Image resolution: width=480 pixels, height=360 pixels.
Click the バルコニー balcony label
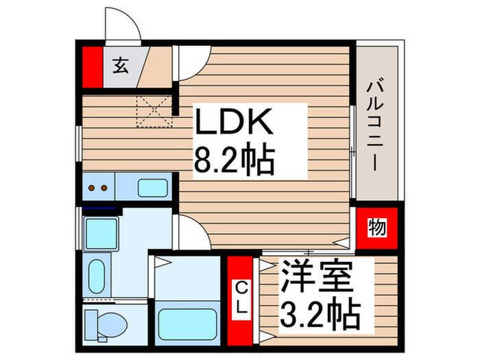tap(375, 126)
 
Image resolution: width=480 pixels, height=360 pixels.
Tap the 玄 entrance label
tap(120, 67)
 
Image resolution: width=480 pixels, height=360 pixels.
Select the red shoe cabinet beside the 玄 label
tap(92, 67)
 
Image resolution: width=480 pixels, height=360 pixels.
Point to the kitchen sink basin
tap(152, 187)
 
